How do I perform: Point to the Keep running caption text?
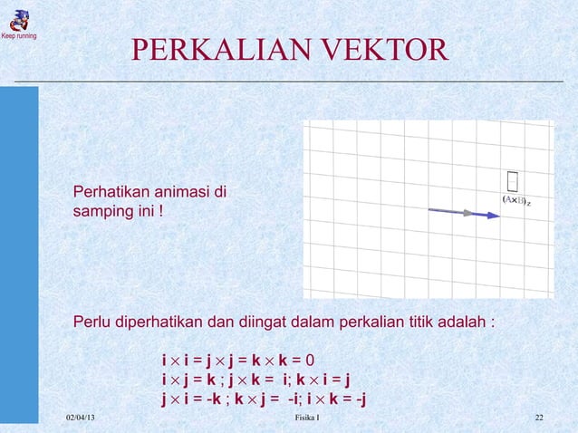(18, 36)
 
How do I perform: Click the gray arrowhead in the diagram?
(467, 213)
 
